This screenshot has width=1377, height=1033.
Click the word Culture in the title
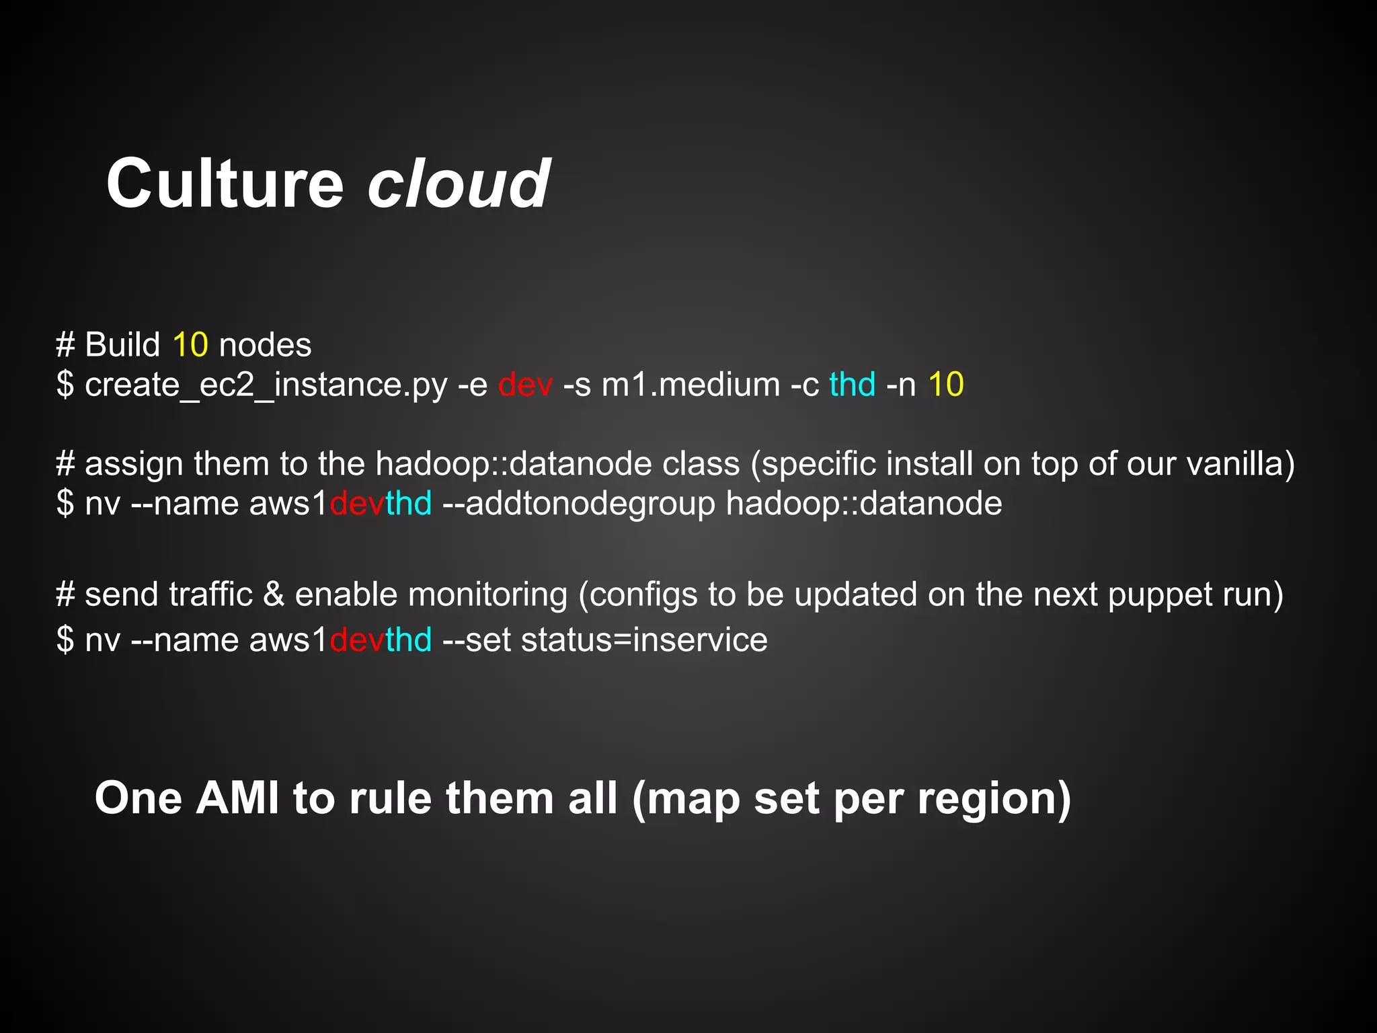tap(225, 183)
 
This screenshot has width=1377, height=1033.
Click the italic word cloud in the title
tap(459, 183)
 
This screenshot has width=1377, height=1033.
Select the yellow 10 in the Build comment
tap(190, 345)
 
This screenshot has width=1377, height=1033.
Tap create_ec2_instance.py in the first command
tap(266, 385)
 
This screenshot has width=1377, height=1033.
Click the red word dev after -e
tap(525, 385)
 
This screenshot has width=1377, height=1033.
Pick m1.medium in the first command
tap(691, 385)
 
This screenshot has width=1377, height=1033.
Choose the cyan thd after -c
tap(852, 385)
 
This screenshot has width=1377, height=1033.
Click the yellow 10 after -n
tap(945, 385)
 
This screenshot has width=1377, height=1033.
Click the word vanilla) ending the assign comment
tap(1241, 464)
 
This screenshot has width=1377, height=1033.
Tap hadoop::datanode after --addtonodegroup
tap(864, 504)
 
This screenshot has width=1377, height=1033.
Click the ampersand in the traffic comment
tap(274, 595)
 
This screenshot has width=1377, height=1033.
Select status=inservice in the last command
tap(643, 640)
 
